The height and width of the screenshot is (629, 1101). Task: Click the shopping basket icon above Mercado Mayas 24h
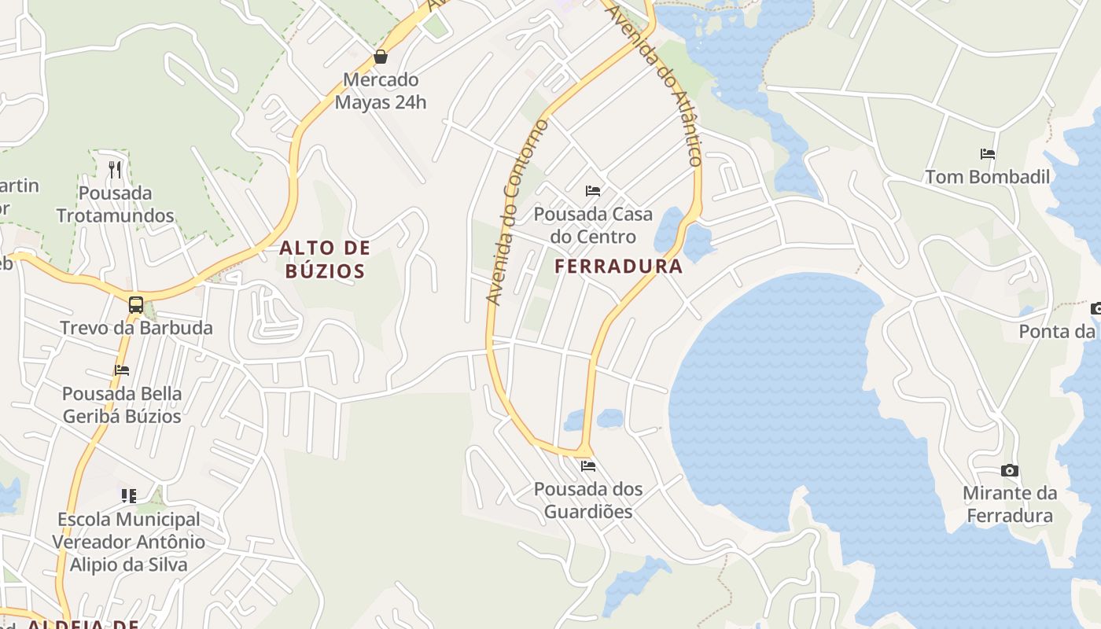(381, 57)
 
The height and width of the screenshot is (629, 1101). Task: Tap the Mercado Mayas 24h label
(381, 90)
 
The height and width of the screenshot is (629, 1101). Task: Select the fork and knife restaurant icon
(115, 169)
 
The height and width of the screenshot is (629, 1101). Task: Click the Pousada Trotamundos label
(115, 204)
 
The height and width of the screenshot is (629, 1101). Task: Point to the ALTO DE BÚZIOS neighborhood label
(324, 259)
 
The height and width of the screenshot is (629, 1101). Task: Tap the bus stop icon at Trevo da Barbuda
(136, 305)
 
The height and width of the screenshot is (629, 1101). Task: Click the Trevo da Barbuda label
(136, 328)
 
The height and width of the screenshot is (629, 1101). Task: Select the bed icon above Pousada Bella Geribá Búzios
(122, 370)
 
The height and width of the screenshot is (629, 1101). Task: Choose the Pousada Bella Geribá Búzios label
(122, 404)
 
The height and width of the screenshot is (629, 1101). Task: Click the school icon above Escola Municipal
(129, 495)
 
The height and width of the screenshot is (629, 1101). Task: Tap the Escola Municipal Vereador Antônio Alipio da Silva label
(129, 542)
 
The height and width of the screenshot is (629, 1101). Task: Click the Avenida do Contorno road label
(517, 212)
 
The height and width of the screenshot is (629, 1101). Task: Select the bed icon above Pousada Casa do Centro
(593, 191)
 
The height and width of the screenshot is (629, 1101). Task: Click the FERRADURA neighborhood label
(619, 267)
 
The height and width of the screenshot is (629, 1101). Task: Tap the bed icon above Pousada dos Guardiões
(588, 466)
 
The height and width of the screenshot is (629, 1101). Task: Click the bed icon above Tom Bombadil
(988, 154)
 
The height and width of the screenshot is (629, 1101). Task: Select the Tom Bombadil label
(988, 177)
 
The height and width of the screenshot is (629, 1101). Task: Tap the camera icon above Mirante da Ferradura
(1010, 471)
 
